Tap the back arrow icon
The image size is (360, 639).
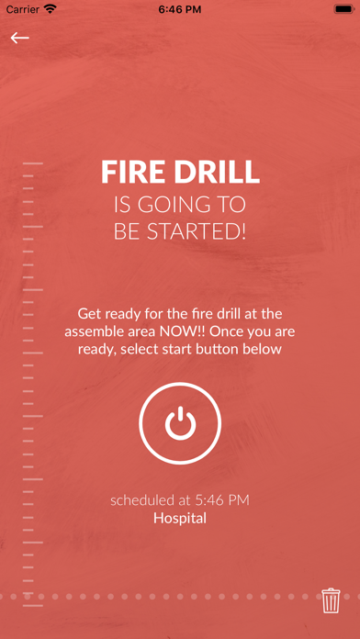pyautogui.click(x=20, y=38)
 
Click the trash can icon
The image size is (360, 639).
pyautogui.click(x=331, y=600)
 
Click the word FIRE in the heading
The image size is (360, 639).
pyautogui.click(x=130, y=172)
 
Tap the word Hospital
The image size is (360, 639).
pyautogui.click(x=180, y=519)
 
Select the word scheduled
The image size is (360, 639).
pyautogui.click(x=141, y=500)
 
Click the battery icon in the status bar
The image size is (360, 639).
pyautogui.click(x=343, y=9)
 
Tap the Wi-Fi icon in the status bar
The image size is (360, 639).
pyautogui.click(x=51, y=9)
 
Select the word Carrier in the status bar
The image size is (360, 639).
pyautogui.click(x=22, y=9)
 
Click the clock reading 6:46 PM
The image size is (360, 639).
pyautogui.click(x=180, y=9)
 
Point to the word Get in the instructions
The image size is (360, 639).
pyautogui.click(x=87, y=314)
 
